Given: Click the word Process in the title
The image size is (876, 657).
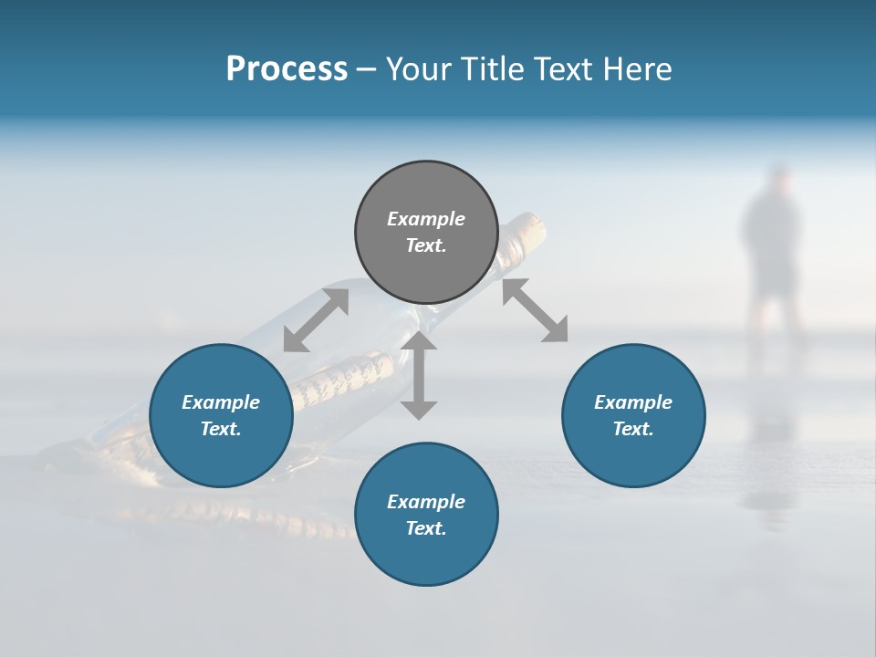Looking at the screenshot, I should (x=287, y=69).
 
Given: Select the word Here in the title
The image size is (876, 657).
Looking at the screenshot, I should (x=635, y=69).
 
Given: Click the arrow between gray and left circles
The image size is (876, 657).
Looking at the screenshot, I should (x=316, y=320).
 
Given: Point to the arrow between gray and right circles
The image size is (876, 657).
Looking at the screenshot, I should (x=536, y=310).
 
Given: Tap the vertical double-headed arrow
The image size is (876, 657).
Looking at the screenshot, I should (x=419, y=375).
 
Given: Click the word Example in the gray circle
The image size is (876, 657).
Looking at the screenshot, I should (x=426, y=219).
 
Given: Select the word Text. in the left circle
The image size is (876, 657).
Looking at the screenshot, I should (x=221, y=429).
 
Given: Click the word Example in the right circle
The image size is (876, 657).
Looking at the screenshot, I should (x=633, y=402).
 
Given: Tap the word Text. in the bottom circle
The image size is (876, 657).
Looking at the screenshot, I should (x=426, y=528).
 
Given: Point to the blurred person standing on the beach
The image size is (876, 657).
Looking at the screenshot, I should (x=772, y=246).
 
